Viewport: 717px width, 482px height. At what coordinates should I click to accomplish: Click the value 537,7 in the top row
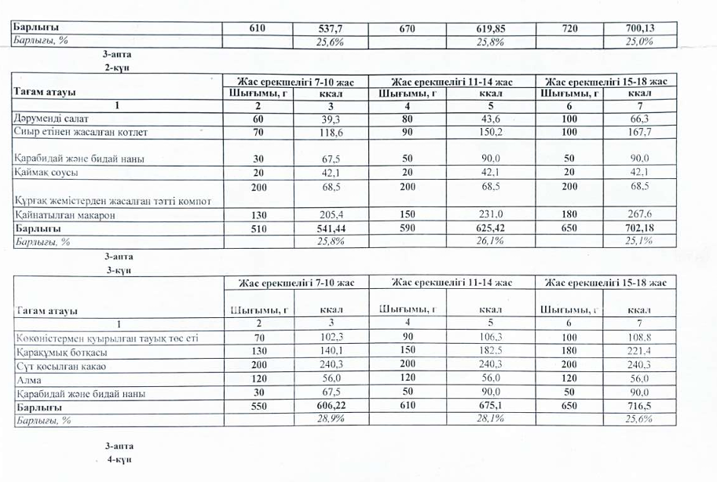(x=331, y=29)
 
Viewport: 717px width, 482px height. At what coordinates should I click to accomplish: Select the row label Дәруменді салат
(x=44, y=119)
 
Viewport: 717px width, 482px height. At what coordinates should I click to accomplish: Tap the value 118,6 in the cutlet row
(x=331, y=133)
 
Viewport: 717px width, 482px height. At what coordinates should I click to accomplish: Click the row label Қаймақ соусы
(x=42, y=171)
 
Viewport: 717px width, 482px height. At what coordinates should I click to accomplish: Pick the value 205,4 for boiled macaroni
(x=331, y=214)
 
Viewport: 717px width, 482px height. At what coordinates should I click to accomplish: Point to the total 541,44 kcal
(x=331, y=228)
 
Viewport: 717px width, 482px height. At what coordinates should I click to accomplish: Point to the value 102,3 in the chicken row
(x=331, y=338)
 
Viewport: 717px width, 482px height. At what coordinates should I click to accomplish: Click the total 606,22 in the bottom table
(x=331, y=407)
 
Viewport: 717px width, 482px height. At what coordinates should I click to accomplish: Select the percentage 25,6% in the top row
(x=331, y=42)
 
